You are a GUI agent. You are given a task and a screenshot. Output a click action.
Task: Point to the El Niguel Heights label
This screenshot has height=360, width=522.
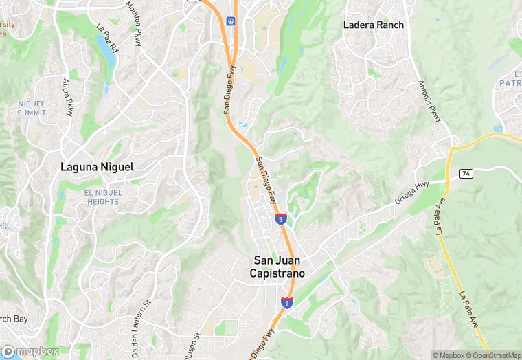coord(102,197)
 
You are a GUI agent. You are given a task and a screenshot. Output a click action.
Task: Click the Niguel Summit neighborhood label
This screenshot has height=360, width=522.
coord(32,108)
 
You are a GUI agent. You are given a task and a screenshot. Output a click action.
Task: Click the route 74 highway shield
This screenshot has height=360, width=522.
coord(466,174)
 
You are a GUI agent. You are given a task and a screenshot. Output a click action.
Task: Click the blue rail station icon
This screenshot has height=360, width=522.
coord(230,20)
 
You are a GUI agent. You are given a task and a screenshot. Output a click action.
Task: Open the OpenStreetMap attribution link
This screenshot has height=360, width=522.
coord(493,355)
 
